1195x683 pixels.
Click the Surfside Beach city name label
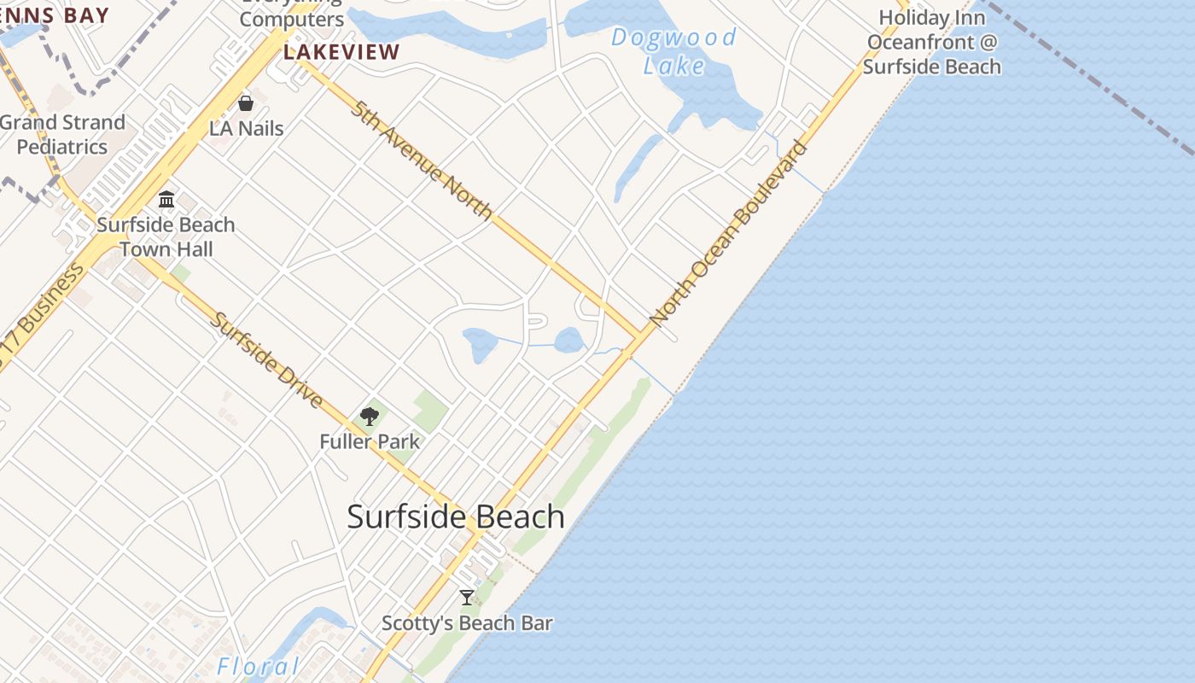[x=456, y=517]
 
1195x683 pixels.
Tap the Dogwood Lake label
[x=673, y=51]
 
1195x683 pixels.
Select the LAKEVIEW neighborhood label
[x=341, y=52]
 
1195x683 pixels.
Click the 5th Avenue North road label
[x=422, y=160]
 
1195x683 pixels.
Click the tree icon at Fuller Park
[x=370, y=417]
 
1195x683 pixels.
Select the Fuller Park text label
[x=370, y=441]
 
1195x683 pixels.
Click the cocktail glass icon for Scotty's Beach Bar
[x=467, y=598]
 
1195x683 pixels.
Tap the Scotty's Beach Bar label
[x=467, y=623]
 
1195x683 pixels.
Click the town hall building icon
[x=166, y=200]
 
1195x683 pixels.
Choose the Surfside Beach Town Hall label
[x=166, y=236]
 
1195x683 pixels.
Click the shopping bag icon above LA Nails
[x=246, y=103]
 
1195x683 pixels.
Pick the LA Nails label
[x=247, y=129]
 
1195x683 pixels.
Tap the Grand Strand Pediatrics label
[x=62, y=134]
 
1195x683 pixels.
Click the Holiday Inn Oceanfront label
[x=931, y=42]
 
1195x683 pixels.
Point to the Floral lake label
[x=259, y=666]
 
